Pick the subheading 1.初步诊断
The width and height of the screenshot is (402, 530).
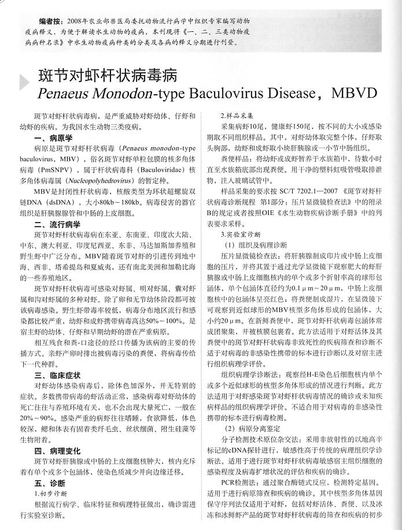click(51, 494)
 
